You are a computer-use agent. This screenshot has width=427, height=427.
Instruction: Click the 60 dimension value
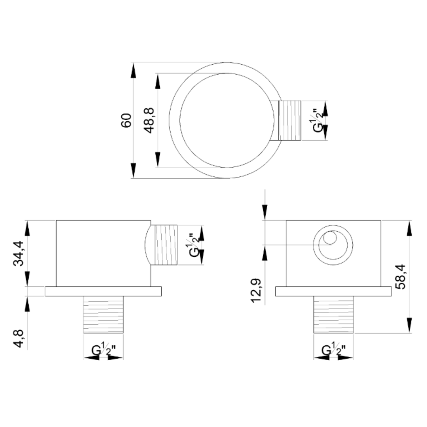[126, 120]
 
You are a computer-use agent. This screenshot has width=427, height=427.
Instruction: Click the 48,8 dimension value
[150, 121]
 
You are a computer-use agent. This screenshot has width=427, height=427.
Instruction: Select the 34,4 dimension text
[19, 253]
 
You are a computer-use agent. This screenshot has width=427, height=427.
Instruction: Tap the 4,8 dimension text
[19, 339]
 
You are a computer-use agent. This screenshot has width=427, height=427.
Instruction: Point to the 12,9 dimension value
[256, 291]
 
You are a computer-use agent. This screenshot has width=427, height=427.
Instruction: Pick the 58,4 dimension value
[400, 276]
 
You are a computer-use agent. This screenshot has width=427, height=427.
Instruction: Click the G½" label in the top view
[318, 121]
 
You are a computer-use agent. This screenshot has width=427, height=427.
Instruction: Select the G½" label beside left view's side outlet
[194, 245]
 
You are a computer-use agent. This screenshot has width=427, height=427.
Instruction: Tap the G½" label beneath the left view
[103, 350]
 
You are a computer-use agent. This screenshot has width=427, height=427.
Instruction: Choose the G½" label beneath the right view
[334, 350]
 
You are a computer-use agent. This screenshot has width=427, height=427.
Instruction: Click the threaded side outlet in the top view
[289, 121]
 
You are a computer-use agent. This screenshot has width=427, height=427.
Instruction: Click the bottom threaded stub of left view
[103, 314]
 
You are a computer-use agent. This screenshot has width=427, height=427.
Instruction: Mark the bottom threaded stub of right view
[334, 314]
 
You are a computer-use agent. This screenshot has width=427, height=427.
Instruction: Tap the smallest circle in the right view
[330, 238]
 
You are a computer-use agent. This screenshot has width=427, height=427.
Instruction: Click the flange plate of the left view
[103, 291]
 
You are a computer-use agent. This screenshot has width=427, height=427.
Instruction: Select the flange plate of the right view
[334, 291]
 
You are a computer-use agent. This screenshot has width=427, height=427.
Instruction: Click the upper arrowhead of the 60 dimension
[133, 71]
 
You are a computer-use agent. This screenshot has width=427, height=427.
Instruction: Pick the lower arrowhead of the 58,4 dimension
[409, 325]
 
